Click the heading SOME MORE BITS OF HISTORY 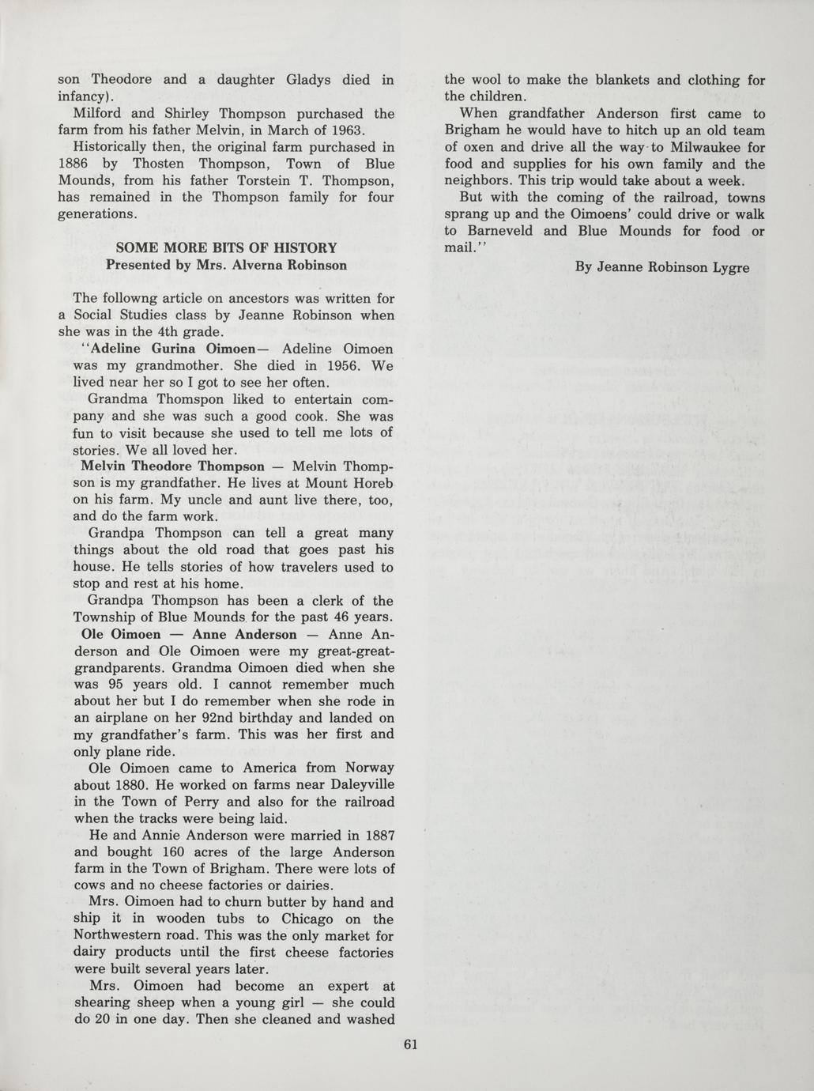coord(226,248)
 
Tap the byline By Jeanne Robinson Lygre coord(662,267)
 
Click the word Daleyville coord(355,785)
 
